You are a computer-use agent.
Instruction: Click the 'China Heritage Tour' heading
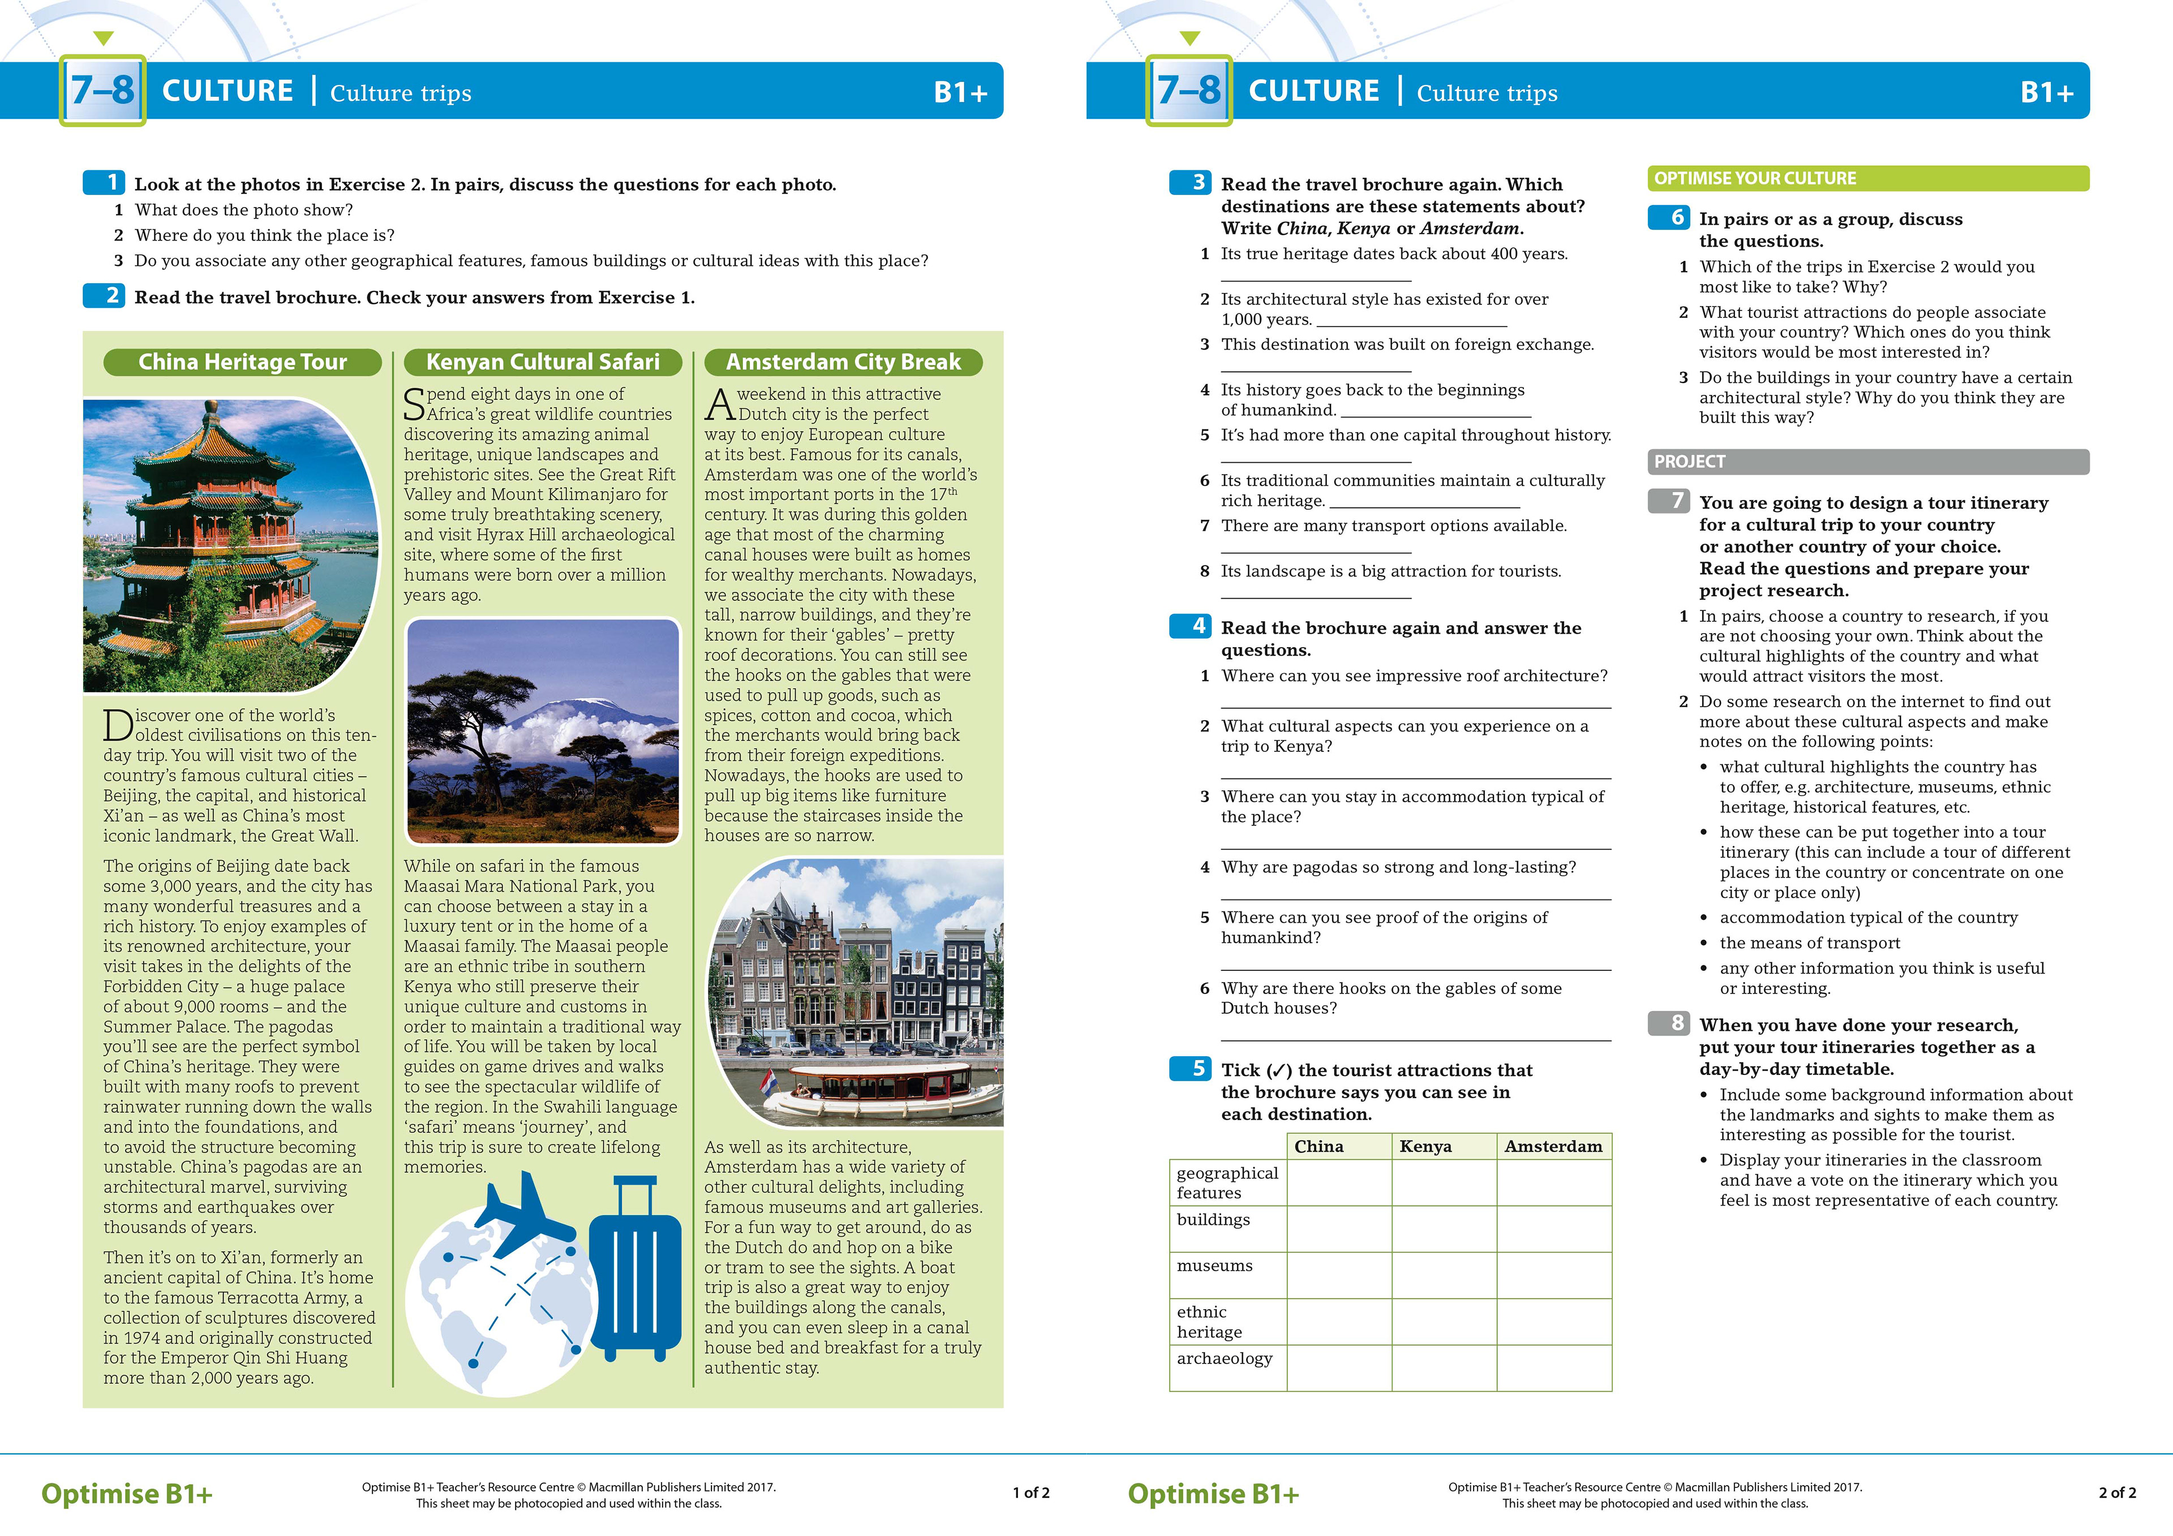[242, 363]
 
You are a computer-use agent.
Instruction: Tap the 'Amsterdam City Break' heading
[843, 363]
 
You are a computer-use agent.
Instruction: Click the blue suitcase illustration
[634, 1268]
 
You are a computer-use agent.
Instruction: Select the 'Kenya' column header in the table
[1425, 1146]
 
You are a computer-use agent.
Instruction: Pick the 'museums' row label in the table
[1214, 1266]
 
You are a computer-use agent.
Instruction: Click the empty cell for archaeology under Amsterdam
[1553, 1367]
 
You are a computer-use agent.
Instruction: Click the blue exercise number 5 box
[1191, 1069]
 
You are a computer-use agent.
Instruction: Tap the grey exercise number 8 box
[1669, 1023]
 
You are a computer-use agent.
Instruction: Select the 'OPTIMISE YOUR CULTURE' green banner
[1867, 178]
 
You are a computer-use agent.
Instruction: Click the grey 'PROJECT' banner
[1867, 462]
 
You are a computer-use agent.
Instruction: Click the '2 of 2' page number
[2117, 1492]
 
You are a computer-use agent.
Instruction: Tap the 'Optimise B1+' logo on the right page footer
[1213, 1494]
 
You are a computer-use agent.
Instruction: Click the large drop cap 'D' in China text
[118, 726]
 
